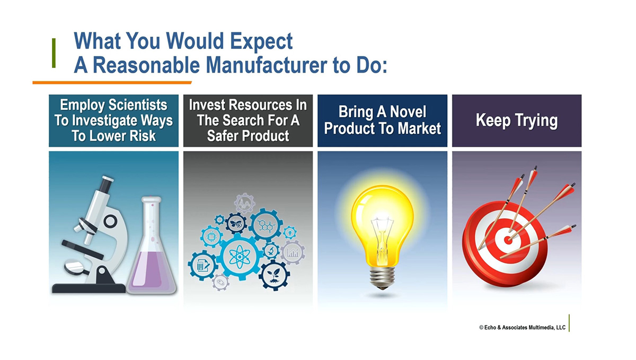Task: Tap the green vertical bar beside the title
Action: (54, 53)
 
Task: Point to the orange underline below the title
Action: (112, 83)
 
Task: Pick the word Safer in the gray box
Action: (223, 136)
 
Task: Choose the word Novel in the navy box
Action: (408, 112)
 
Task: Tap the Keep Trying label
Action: (517, 121)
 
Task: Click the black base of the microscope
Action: (89, 288)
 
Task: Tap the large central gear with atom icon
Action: (240, 257)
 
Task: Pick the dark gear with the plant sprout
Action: (275, 275)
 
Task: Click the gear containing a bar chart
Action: (293, 252)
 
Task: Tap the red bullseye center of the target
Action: (508, 240)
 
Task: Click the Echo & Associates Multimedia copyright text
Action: (522, 328)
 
